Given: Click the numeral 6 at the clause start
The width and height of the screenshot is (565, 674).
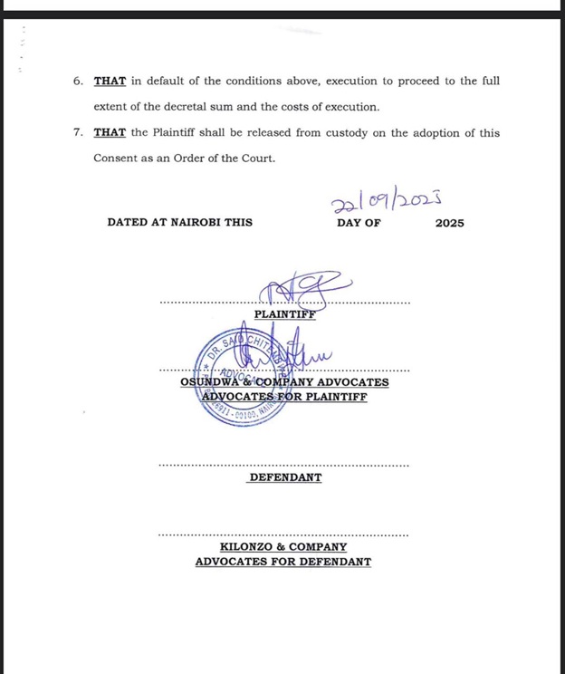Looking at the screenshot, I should pos(78,82).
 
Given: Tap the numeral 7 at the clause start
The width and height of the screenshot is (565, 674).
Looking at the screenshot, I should pos(78,133).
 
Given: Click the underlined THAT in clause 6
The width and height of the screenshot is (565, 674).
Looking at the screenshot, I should pos(110,82).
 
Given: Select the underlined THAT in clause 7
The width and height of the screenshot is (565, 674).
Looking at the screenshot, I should pos(110,133).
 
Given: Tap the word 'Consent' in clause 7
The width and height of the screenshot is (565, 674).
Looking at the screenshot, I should pos(116,159).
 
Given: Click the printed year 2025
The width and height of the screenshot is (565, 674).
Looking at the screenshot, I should pos(449,223).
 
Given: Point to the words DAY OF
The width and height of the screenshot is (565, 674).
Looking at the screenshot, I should pos(359,223).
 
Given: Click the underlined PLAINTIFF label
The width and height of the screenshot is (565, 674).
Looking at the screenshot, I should pos(284,314).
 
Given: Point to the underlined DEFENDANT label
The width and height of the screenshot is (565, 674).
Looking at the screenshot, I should pos(284,477).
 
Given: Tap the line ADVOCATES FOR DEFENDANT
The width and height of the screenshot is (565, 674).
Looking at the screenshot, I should pos(282,562).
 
